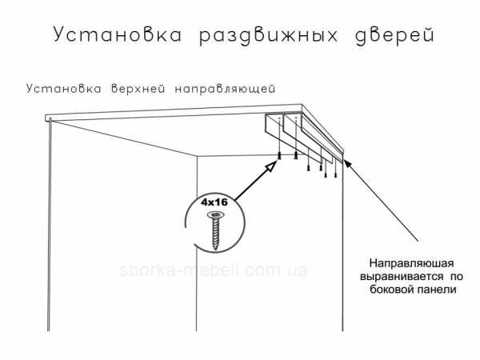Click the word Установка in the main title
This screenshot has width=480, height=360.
[x=118, y=34]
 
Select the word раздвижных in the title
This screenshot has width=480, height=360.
[x=269, y=36]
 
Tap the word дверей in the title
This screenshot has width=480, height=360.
[x=395, y=36]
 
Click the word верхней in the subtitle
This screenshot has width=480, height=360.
[x=138, y=89]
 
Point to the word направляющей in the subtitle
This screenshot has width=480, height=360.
[x=226, y=89]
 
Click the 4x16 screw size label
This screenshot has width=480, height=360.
[x=214, y=202]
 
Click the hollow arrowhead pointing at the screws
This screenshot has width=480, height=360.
[x=271, y=167]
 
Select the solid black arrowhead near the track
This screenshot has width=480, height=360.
[x=347, y=163]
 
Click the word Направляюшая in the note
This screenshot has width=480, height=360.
[x=411, y=263]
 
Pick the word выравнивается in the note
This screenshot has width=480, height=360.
[x=402, y=277]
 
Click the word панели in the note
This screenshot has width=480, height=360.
[x=436, y=290]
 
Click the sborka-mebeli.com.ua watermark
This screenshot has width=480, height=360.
[x=214, y=270]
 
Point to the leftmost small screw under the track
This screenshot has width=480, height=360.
[x=279, y=155]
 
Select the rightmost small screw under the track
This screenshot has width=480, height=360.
[x=336, y=175]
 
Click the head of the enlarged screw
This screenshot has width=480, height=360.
[x=217, y=214]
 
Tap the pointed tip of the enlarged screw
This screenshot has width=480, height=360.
[x=217, y=249]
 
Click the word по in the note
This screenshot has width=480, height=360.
[x=457, y=277]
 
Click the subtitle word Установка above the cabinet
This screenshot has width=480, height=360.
[x=64, y=89]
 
